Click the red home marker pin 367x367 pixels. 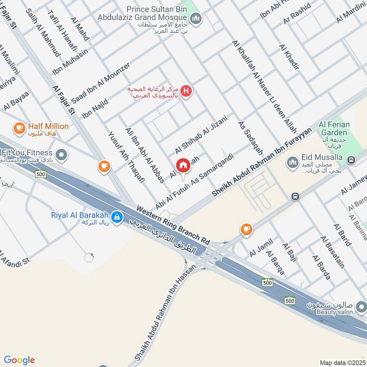point(183,166)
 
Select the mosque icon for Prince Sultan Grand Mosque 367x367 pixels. point(197,18)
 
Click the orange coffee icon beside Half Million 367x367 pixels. point(19,128)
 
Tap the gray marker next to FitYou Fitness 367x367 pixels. point(61,155)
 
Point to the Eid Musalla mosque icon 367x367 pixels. point(292,162)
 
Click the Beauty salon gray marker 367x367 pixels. point(361,306)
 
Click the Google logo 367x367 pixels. point(19,360)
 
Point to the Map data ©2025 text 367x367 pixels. point(342,362)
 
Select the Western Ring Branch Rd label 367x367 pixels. point(173,224)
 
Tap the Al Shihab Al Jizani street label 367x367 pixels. point(201,134)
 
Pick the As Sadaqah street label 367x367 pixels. point(250,138)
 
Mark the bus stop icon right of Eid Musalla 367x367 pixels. point(351,160)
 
